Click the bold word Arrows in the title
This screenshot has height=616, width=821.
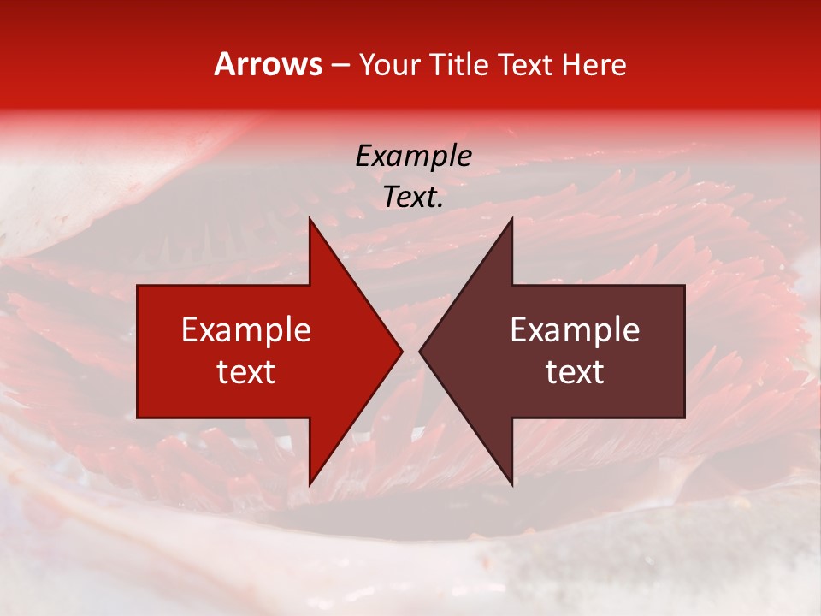click(x=269, y=64)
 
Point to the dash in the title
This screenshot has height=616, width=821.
click(x=340, y=66)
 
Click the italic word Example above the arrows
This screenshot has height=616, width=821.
click(x=413, y=156)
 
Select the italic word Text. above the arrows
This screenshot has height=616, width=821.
click(x=413, y=198)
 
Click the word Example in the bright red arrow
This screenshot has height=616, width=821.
click(x=246, y=330)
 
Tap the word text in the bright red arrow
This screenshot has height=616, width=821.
click(x=246, y=372)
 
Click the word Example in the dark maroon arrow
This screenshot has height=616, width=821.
click(x=575, y=330)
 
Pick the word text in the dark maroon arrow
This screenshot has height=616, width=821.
click(x=575, y=372)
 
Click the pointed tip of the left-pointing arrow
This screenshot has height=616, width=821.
click(x=420, y=351)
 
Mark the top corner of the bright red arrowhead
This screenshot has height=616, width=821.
click(x=310, y=218)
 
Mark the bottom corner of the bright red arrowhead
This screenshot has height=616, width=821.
click(x=310, y=484)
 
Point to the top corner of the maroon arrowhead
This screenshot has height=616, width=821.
click(x=511, y=218)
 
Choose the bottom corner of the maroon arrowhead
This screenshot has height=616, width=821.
click(x=511, y=484)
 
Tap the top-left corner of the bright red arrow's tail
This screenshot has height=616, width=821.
click(x=139, y=286)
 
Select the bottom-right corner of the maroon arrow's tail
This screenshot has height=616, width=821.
click(x=683, y=417)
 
